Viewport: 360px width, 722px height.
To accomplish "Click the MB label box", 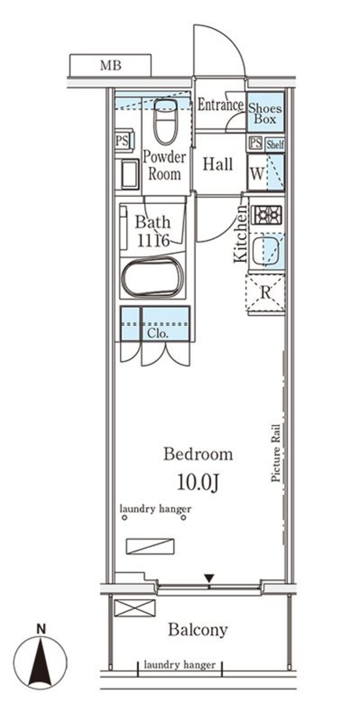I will (x=110, y=65).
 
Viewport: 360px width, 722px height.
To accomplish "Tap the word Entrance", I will (x=221, y=104).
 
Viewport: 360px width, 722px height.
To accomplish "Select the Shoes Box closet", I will (x=265, y=113).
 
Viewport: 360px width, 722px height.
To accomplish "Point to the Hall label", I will (x=217, y=164).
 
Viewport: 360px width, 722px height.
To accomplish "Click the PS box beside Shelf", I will (x=256, y=143).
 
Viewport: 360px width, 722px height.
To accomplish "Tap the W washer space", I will (x=257, y=173).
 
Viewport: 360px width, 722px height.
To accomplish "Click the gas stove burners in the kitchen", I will (x=267, y=215).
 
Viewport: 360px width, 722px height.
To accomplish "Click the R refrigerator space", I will (x=265, y=294).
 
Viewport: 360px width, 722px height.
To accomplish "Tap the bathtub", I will (x=152, y=277).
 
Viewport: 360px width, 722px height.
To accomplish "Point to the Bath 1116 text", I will (x=152, y=230).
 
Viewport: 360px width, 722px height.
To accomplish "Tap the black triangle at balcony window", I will (x=209, y=578).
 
